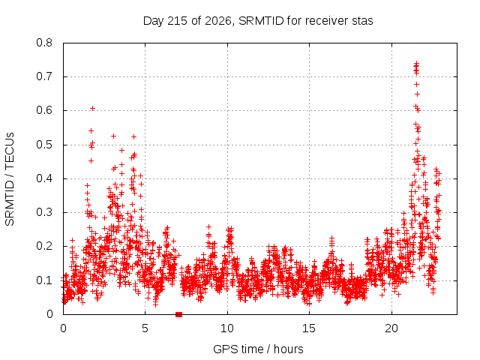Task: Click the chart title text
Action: pyautogui.click(x=258, y=21)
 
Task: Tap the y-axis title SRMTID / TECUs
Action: pyautogui.click(x=10, y=179)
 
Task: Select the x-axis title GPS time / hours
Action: pyautogui.click(x=258, y=349)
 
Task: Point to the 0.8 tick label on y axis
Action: pyautogui.click(x=44, y=43)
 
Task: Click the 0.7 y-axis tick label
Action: pyautogui.click(x=44, y=76)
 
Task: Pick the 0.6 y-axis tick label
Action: pyautogui.click(x=44, y=110)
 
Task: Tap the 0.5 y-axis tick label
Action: pyautogui.click(x=44, y=145)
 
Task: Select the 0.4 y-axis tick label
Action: pyautogui.click(x=44, y=178)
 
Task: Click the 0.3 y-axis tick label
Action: pyautogui.click(x=44, y=212)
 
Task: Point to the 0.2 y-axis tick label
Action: pyautogui.click(x=44, y=246)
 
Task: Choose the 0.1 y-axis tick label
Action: pyautogui.click(x=44, y=280)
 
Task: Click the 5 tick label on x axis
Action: pyautogui.click(x=145, y=328)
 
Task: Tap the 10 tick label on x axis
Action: pyautogui.click(x=227, y=328)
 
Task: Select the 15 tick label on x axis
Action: pyautogui.click(x=309, y=328)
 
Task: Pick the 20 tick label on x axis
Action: pyautogui.click(x=391, y=328)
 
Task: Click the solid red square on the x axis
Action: pyautogui.click(x=178, y=314)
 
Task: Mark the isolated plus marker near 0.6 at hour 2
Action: pyautogui.click(x=92, y=108)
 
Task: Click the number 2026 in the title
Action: pyautogui.click(x=217, y=21)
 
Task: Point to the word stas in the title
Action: pyautogui.click(x=361, y=21)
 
